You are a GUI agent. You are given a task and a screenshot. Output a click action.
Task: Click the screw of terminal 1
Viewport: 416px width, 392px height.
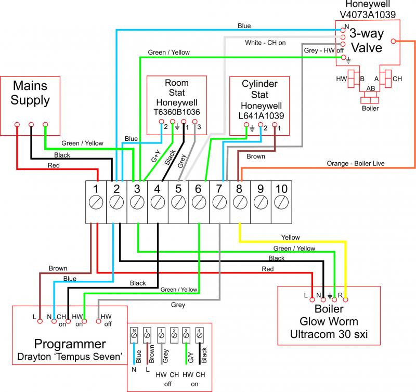pyautogui.click(x=96, y=202)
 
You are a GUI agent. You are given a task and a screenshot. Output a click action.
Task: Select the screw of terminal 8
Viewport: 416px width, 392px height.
pyautogui.click(x=240, y=202)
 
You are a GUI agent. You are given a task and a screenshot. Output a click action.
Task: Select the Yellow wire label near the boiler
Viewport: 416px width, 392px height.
pyautogui.click(x=290, y=238)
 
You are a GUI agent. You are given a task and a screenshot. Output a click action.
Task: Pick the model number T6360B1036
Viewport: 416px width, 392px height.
pyautogui.click(x=177, y=111)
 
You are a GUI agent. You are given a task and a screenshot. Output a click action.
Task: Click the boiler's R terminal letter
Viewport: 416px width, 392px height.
pyautogui.click(x=340, y=295)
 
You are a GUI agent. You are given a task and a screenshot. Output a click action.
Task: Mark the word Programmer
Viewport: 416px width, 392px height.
pyautogui.click(x=70, y=344)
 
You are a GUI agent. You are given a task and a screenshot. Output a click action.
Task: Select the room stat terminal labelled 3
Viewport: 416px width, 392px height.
pyautogui.click(x=198, y=126)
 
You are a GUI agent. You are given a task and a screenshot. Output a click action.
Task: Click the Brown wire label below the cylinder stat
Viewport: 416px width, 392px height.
pyautogui.click(x=255, y=156)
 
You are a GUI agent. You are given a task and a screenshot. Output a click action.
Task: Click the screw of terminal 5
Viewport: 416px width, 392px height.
pyautogui.click(x=178, y=202)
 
